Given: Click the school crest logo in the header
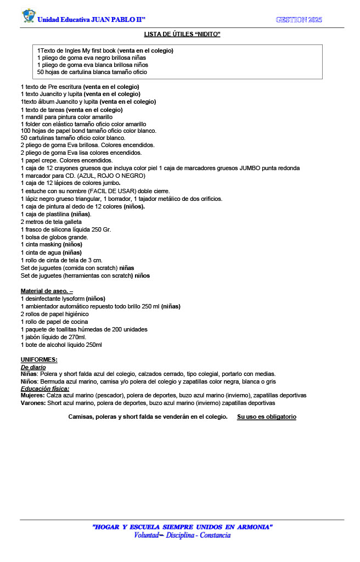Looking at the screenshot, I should click(28, 16).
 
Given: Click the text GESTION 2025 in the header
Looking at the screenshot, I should click(299, 20).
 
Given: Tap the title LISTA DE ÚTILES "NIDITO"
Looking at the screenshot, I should click(182, 34).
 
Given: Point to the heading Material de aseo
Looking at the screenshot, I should click(47, 290).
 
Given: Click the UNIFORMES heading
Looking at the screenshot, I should click(39, 359).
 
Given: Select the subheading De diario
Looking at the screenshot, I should click(33, 367).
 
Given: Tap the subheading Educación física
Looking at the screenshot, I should click(45, 388).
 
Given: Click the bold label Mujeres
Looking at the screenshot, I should click(33, 395).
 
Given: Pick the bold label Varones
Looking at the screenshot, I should click(33, 402).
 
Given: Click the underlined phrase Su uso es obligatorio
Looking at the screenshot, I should click(267, 417).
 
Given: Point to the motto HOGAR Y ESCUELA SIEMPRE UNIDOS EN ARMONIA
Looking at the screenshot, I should click(183, 527).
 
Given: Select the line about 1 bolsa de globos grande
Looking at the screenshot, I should click(54, 237).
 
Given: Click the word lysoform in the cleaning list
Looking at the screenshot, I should click(72, 299).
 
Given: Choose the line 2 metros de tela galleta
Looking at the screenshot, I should click(50, 222).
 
